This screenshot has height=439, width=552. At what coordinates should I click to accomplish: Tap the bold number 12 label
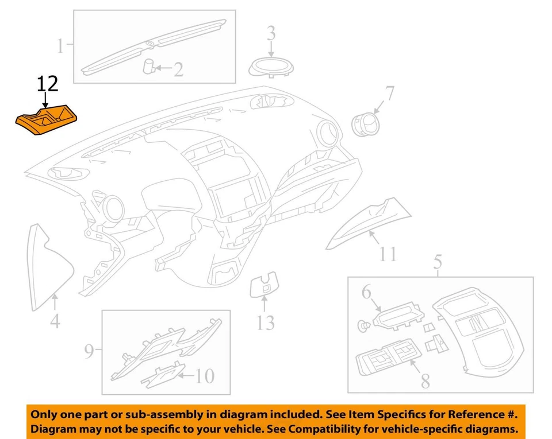click(48, 84)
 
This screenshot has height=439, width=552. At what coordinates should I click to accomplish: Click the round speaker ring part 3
click(271, 67)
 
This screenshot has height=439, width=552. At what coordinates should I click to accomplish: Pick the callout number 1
click(60, 45)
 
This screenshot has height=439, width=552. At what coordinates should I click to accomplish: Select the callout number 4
click(55, 321)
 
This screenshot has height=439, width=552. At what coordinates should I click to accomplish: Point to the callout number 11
click(388, 253)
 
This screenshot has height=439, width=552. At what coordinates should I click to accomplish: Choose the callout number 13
click(265, 323)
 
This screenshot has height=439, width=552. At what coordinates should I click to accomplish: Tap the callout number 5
click(438, 263)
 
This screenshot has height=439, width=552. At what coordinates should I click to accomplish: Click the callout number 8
click(425, 380)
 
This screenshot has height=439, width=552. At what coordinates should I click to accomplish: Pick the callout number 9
click(89, 351)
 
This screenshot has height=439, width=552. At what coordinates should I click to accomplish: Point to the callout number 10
click(205, 376)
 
